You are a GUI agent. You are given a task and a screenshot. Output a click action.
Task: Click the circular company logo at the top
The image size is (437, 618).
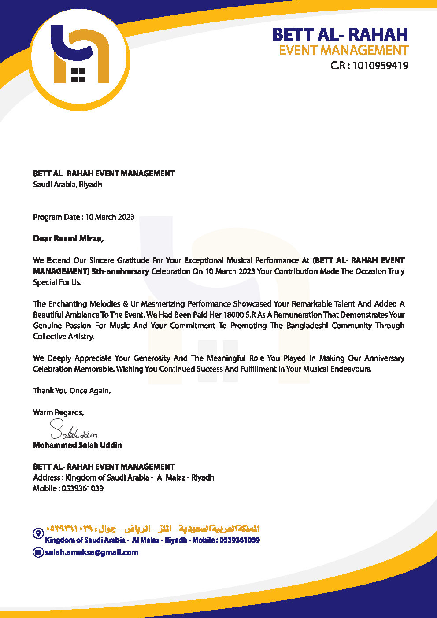coord(80,58)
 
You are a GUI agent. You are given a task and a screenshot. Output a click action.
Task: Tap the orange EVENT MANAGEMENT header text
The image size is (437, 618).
coord(344,50)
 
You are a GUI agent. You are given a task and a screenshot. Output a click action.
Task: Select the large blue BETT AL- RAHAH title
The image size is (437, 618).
coord(340,34)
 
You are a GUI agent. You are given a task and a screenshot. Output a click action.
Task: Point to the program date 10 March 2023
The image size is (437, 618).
coord(110,217)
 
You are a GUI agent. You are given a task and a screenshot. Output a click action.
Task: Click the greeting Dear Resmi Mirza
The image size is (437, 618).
coord(68,239)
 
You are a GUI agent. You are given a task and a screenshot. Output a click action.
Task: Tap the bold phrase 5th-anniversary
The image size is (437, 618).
coord(120,271)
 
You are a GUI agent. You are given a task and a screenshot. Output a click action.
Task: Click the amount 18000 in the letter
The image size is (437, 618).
coord(233,315)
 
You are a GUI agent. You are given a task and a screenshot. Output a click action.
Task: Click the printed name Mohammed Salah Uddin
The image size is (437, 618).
coord(78,445)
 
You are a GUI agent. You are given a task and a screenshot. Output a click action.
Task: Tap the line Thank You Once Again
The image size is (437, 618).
coord(72,391)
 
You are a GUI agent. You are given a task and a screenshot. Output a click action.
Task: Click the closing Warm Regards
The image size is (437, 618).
coord(58,413)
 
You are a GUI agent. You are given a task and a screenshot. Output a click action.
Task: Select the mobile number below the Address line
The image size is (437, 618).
coord(82,488)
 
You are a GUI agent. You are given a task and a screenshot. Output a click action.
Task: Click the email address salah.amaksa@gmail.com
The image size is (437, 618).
coord(92,552)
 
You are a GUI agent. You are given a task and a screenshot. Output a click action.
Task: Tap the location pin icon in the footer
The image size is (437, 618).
coord(38,533)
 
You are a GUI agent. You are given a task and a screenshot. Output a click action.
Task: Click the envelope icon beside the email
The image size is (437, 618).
coord(38,552)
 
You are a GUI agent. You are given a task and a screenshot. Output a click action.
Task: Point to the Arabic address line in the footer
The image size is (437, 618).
coord(152,529)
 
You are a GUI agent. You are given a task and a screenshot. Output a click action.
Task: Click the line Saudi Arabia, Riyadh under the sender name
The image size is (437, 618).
coord(67,185)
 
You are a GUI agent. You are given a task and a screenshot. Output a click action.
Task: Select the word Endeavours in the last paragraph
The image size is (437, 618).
coord(350,369)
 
